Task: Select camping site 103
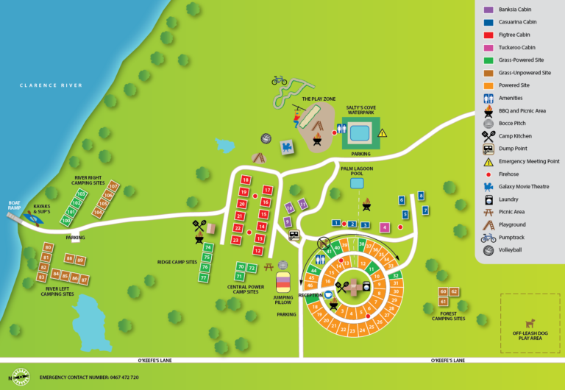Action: click(x=81, y=194)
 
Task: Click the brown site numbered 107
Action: click(x=113, y=186)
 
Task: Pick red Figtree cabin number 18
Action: click(x=246, y=180)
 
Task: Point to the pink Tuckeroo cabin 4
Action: click(x=384, y=227)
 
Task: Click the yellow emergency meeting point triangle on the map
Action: click(x=382, y=133)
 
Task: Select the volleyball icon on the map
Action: click(x=266, y=138)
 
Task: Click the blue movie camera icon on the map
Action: click(x=286, y=148)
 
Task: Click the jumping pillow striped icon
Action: click(x=283, y=282)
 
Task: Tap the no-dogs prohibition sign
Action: click(x=322, y=241)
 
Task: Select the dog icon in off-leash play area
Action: click(x=529, y=322)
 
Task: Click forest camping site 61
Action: click(x=443, y=302)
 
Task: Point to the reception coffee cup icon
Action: click(x=329, y=295)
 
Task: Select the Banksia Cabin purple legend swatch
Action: click(x=488, y=10)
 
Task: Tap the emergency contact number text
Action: click(x=89, y=377)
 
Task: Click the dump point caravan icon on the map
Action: click(x=294, y=235)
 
